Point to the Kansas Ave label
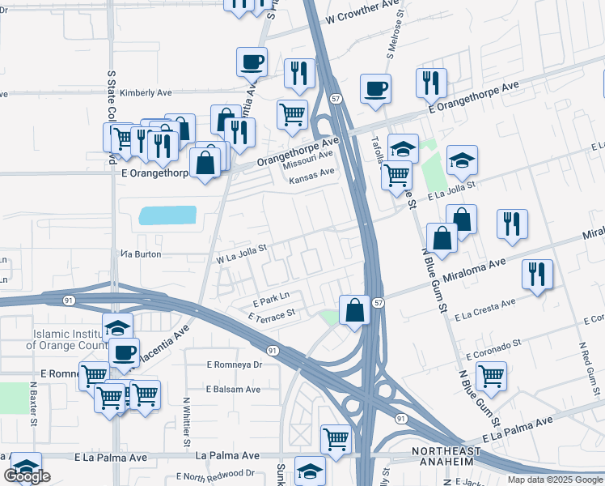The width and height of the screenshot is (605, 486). point(312,173)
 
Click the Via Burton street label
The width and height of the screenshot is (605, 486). point(141,254)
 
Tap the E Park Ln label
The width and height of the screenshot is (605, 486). point(270,297)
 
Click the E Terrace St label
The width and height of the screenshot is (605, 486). point(272,313)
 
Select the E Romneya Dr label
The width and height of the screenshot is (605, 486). point(235,364)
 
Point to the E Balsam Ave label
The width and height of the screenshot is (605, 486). point(233,389)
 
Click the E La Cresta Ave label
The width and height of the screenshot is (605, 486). point(485,309)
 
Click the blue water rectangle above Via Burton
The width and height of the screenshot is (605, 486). point(167,215)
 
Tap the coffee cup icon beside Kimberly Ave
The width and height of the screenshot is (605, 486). point(252,61)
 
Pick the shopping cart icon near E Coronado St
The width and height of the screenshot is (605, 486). point(491,375)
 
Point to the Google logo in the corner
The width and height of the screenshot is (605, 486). point(27,476)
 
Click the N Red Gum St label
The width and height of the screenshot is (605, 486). point(584,364)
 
